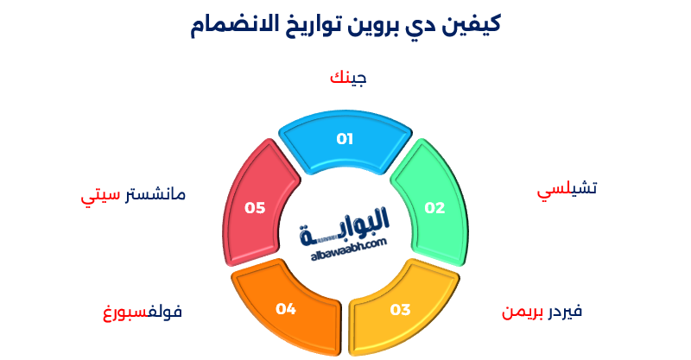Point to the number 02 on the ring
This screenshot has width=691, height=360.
434,208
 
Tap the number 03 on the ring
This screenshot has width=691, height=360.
400,309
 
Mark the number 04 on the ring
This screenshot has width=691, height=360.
286,308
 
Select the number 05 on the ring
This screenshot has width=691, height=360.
254,207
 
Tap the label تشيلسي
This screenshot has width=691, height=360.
567,190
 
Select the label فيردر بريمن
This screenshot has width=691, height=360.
542,311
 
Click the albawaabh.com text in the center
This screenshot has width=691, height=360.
345,246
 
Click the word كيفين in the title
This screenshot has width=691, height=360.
471,23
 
